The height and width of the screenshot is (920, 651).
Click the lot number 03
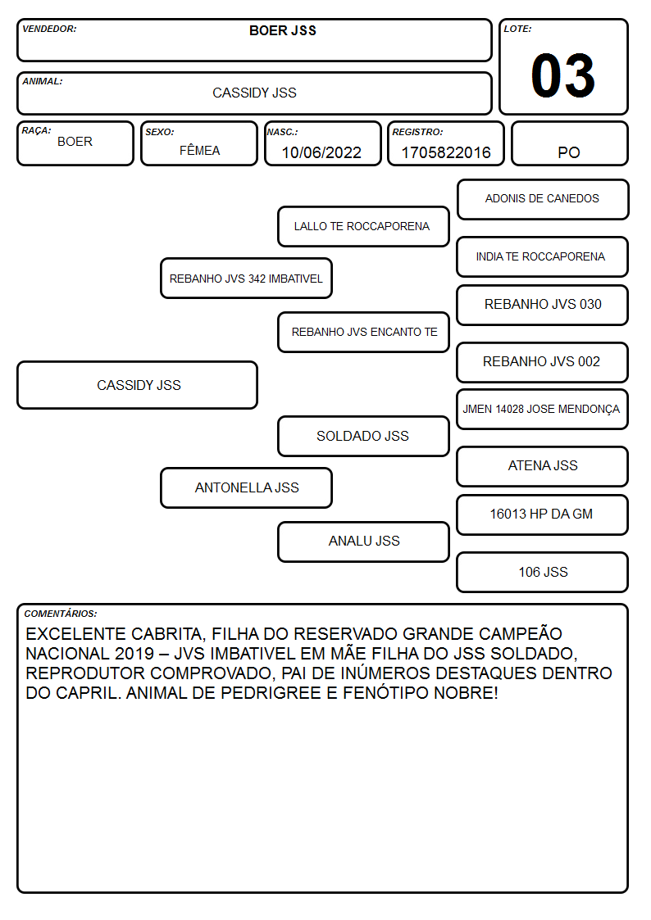563,75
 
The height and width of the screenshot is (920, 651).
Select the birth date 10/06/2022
321,152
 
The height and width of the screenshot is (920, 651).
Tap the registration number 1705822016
446,152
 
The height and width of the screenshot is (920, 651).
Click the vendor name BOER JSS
283,30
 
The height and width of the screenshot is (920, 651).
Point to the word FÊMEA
199,150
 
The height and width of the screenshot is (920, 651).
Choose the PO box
569,143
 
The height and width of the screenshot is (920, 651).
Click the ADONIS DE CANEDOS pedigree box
543,200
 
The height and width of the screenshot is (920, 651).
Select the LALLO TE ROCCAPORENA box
363,226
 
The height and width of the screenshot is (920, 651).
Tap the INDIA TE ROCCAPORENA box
543,257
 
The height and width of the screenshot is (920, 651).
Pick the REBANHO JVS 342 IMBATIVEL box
247,278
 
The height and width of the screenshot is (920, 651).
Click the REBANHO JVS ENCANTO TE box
363,332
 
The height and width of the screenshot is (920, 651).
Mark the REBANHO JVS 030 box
543,305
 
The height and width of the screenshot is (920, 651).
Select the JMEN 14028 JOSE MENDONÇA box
543,409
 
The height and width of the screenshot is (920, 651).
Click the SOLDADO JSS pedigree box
363,436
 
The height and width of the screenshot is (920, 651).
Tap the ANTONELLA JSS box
247,487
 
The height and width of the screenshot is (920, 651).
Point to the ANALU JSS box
363,542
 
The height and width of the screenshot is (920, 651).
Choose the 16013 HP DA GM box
543,514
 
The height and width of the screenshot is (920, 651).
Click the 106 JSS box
543,572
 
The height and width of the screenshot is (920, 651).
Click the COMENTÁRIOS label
61,614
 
